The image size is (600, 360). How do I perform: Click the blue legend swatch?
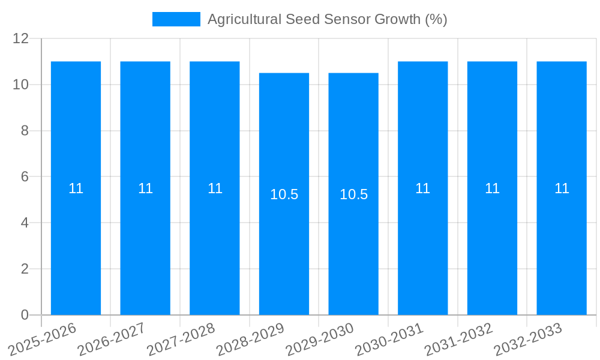176,19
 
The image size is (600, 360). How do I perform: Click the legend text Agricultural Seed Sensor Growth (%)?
327,19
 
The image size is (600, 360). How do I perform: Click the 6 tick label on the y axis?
25,177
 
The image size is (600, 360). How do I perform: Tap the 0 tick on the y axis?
25,315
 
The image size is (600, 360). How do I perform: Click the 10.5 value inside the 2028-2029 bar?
284,194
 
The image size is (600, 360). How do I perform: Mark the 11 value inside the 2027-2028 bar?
215,188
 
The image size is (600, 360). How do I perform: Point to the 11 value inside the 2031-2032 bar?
492,188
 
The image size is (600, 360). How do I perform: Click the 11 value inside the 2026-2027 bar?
145,188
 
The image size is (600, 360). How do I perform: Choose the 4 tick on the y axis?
25,223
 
